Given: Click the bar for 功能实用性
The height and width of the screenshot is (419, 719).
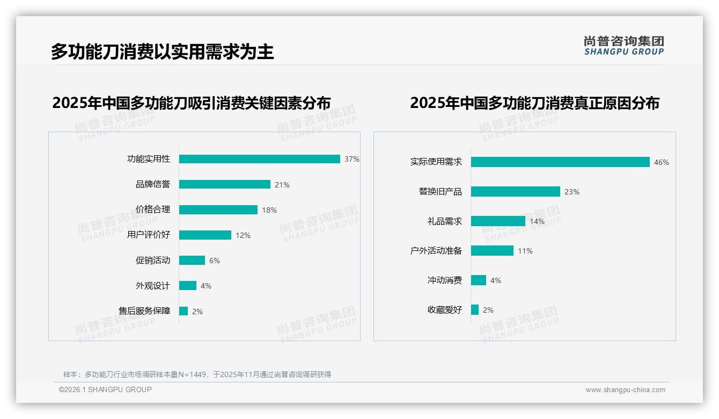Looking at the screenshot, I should pos(259,159).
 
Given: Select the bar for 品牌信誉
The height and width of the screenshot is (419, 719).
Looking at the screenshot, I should pos(224,184).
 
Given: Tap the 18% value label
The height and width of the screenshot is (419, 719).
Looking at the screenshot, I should pos(269,210).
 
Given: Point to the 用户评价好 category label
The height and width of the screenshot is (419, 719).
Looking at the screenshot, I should pos(149,235).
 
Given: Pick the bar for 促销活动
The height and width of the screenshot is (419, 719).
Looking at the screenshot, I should pos(192,260).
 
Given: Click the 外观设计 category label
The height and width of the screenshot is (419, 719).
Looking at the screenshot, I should pos(152,286).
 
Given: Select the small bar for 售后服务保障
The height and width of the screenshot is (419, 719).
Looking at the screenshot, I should pos(184,311).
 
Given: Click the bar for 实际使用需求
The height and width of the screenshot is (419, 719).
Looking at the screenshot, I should pos(560,162).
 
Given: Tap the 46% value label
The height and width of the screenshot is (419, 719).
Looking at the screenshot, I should pos(661,162).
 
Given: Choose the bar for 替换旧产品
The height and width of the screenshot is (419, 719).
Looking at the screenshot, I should pos(515,192).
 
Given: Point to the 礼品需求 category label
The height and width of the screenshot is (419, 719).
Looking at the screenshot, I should pos(444,221).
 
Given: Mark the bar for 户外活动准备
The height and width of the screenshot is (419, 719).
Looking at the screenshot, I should pos(492,251).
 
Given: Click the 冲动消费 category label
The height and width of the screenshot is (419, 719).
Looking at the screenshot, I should pos(444,280).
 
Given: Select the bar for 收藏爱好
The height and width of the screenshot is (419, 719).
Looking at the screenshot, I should pos(475,310).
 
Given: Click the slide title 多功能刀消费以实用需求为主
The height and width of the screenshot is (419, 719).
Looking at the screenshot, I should pos(162,52).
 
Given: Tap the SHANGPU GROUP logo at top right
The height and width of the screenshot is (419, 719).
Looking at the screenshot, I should pos(623,46).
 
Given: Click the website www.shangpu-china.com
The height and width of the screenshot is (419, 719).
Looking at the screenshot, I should pos(625,390).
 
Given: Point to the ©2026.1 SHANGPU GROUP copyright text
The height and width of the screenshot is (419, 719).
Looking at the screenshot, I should pos(105,389).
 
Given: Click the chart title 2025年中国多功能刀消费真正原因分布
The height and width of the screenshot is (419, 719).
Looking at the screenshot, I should pos(534,103).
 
